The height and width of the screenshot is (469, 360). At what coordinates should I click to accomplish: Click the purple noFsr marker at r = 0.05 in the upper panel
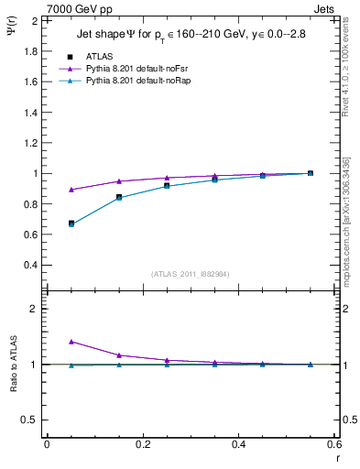[71, 190]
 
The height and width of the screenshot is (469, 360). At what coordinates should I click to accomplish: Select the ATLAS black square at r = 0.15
[119, 197]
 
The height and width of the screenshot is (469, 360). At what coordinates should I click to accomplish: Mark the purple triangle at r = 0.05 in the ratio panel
[71, 342]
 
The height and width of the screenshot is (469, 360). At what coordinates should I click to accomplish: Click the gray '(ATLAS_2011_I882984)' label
[190, 274]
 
